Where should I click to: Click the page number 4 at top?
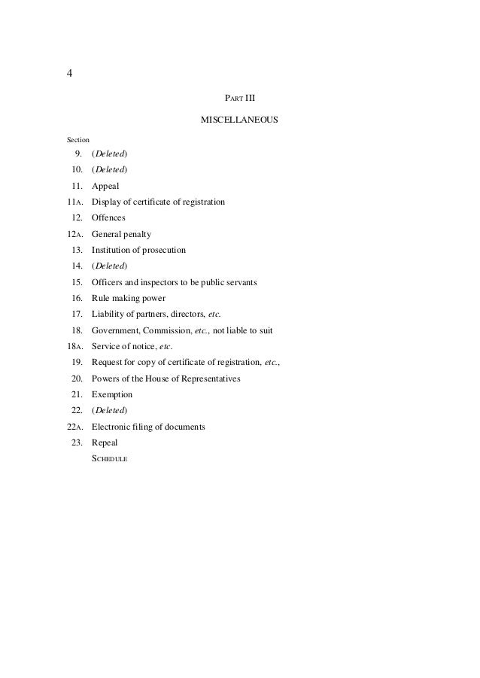(69, 74)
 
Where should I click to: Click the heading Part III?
(240, 98)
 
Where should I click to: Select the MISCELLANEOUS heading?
(240, 120)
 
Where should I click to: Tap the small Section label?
(77, 140)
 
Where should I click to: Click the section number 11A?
(74, 202)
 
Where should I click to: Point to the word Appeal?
(105, 186)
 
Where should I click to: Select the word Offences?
(108, 217)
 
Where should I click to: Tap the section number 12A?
(74, 234)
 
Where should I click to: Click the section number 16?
(77, 298)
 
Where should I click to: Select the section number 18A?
(74, 346)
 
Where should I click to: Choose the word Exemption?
(112, 394)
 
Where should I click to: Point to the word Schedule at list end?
(110, 459)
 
